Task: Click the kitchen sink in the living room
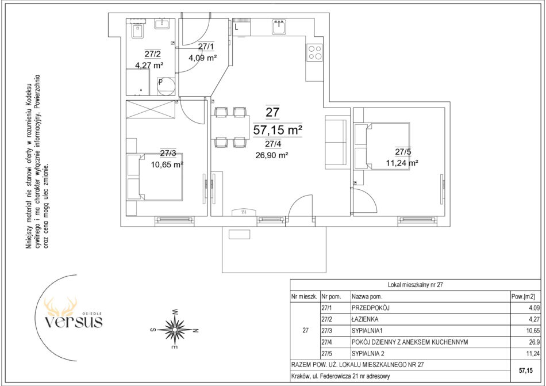(279, 27)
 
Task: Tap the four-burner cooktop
(314, 52)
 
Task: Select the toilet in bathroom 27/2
(139, 32)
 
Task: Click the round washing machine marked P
(166, 86)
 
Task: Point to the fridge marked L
(241, 27)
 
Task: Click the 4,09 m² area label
(203, 58)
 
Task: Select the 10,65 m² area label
(167, 165)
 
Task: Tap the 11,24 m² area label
(402, 163)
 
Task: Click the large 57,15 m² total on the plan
(278, 130)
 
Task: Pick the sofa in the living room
(336, 142)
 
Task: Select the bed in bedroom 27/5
(382, 146)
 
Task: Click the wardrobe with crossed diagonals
(151, 109)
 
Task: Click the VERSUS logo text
(74, 322)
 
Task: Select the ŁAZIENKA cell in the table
(365, 319)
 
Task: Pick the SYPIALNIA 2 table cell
(368, 354)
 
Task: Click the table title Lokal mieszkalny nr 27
(416, 285)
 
